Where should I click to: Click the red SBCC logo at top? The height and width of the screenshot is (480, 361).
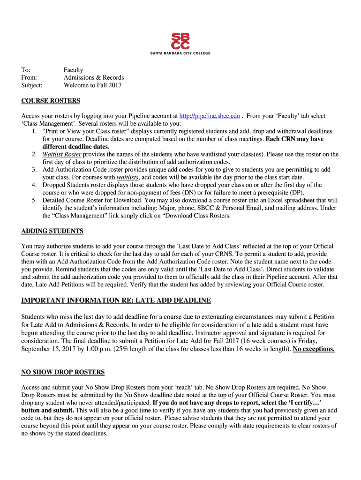pos(180,41)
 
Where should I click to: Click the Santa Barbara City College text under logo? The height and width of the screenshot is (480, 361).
pos(180,53)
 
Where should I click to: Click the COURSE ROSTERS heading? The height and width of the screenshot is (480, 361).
pos(51,101)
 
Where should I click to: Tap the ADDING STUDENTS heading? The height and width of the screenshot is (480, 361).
pos(53,231)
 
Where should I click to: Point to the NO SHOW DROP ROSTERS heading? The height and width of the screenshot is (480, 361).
pos(63,372)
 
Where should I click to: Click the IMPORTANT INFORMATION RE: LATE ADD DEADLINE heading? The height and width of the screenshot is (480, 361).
pos(116,300)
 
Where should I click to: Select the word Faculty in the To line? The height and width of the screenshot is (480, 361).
pos(74,70)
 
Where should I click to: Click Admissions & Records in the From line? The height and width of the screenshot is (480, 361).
pos(94,77)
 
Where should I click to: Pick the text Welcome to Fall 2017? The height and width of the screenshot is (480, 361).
pos(92,85)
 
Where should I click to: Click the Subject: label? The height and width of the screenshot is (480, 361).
pos(32,85)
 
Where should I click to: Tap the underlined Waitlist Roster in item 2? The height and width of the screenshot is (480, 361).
pos(61,154)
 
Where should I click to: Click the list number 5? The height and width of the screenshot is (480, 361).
pos(34,200)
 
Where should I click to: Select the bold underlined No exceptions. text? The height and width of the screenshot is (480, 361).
pos(314,349)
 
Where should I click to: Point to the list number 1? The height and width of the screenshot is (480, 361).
pos(34,131)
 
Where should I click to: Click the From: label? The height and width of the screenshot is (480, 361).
pos(29,77)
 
